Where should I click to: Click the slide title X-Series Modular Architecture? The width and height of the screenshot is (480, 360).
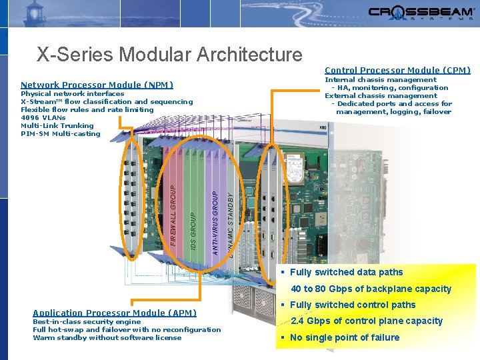click(x=169, y=54)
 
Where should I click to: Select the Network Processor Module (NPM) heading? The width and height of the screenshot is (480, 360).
click(x=97, y=85)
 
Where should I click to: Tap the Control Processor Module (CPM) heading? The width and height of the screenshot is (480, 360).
click(x=397, y=70)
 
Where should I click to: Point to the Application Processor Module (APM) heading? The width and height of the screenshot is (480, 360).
click(x=115, y=313)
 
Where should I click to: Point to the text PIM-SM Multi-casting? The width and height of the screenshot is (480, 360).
click(x=61, y=133)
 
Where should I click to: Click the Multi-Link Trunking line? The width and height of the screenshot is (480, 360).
click(x=57, y=125)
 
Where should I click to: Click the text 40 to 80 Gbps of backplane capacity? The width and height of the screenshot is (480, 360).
click(x=371, y=289)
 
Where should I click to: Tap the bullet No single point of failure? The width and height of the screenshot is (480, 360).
click(x=345, y=337)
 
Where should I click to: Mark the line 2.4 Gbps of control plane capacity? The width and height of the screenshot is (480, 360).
click(x=367, y=321)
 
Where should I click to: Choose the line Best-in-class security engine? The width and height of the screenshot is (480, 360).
click(x=87, y=321)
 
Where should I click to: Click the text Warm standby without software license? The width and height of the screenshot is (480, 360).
click(x=107, y=337)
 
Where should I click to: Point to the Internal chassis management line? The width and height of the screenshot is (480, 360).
click(x=381, y=80)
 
